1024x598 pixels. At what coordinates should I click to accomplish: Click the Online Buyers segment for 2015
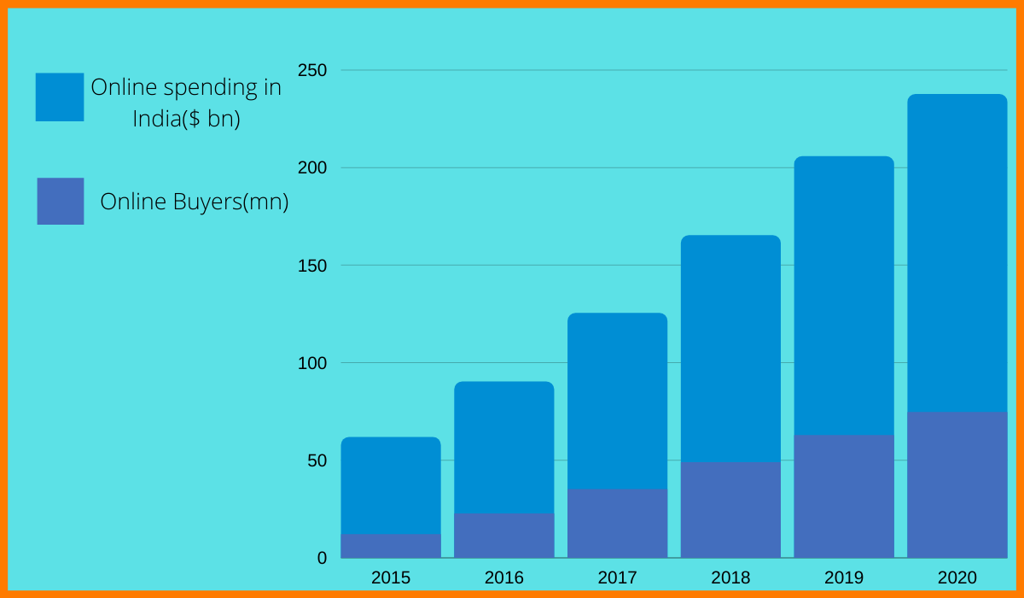pos(391,546)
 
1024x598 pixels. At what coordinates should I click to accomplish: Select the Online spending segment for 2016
pos(503,447)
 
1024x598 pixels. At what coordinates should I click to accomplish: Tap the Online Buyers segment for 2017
pos(617,523)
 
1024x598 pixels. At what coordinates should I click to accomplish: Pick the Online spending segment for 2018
pos(730,349)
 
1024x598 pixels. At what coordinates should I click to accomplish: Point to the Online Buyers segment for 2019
pos(844,496)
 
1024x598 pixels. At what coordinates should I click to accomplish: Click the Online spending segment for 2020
pos(957,253)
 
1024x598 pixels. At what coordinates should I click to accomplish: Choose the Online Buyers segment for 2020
pos(957,484)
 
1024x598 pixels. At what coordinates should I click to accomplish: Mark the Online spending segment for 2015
pos(391,485)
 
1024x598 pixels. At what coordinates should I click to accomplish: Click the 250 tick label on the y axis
pos(311,70)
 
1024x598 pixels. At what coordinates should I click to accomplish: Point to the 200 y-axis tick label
pos(311,167)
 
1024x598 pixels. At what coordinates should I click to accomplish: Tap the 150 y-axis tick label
pos(311,265)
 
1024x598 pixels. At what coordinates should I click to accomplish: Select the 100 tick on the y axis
pos(311,363)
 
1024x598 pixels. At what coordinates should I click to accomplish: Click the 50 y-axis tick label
pos(317,460)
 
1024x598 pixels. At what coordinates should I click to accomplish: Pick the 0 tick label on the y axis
pos(322,558)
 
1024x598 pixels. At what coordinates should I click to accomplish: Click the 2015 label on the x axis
pos(391,577)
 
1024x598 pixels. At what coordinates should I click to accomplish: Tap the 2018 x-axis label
pos(730,577)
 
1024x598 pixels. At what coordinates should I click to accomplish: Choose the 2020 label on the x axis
pos(957,577)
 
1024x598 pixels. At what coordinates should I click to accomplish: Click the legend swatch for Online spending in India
pos(60,97)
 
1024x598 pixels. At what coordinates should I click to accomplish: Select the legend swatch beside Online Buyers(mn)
pos(61,201)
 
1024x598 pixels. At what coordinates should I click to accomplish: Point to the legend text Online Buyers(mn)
pos(195,202)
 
